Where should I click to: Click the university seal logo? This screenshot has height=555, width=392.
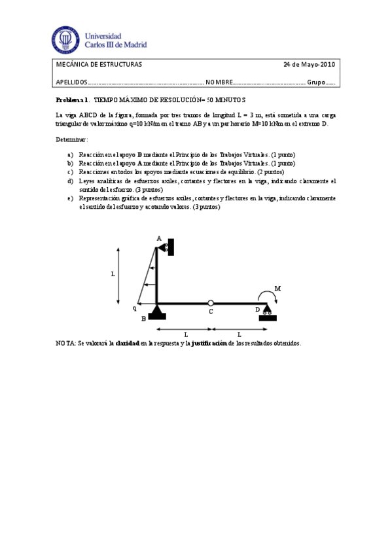click(65, 40)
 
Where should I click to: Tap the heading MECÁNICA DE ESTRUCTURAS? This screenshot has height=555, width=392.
click(99, 65)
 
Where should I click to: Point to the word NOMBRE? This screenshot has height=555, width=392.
click(219, 82)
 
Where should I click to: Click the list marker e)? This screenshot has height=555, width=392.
click(70, 198)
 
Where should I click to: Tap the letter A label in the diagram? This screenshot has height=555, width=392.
click(158, 238)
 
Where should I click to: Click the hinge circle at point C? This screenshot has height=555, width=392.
click(210, 303)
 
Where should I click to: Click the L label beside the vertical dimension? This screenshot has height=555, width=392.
click(113, 275)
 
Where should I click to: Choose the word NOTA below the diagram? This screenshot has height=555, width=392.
click(65, 343)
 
